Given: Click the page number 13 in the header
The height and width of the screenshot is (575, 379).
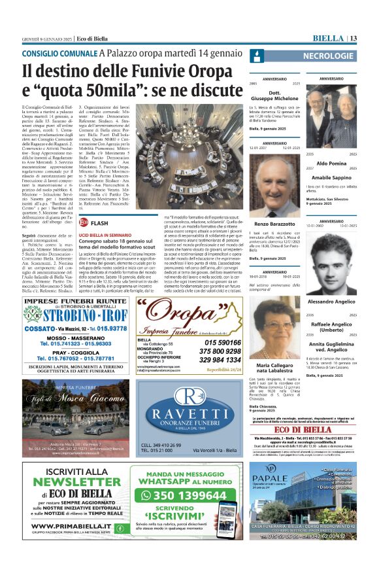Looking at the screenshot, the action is pos(352,39).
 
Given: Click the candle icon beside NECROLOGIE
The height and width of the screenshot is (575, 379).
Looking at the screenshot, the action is pos(256,56).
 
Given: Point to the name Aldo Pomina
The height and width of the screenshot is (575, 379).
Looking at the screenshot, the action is pos(331,162).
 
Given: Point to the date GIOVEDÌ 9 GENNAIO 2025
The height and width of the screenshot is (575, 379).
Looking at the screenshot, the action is pos(46,39).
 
